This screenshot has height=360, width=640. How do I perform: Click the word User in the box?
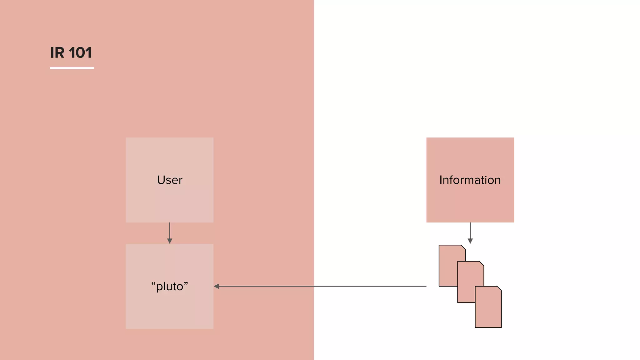click(x=170, y=180)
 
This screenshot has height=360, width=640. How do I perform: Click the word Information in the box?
click(x=470, y=180)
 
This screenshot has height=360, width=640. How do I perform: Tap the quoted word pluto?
click(x=170, y=286)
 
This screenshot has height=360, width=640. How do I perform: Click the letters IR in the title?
click(x=57, y=52)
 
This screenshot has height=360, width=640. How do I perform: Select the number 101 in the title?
click(x=80, y=52)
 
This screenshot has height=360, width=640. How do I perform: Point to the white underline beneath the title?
click(x=72, y=68)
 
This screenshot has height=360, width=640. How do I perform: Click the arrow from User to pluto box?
click(x=170, y=231)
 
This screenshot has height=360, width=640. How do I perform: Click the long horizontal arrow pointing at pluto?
click(x=322, y=286)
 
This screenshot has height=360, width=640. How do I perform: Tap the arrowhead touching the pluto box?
click(x=216, y=286)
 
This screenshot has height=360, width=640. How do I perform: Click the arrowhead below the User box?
click(x=170, y=241)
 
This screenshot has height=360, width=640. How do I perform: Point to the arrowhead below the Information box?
click(x=470, y=241)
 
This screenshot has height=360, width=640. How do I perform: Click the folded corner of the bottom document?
click(x=499, y=288)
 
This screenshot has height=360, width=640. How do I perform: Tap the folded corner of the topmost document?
click(x=463, y=247)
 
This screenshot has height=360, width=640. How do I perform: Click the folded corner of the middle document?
click(x=482, y=263)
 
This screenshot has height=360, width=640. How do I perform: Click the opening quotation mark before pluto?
click(x=153, y=283)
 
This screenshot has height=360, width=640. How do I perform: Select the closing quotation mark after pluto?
click(x=186, y=283)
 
